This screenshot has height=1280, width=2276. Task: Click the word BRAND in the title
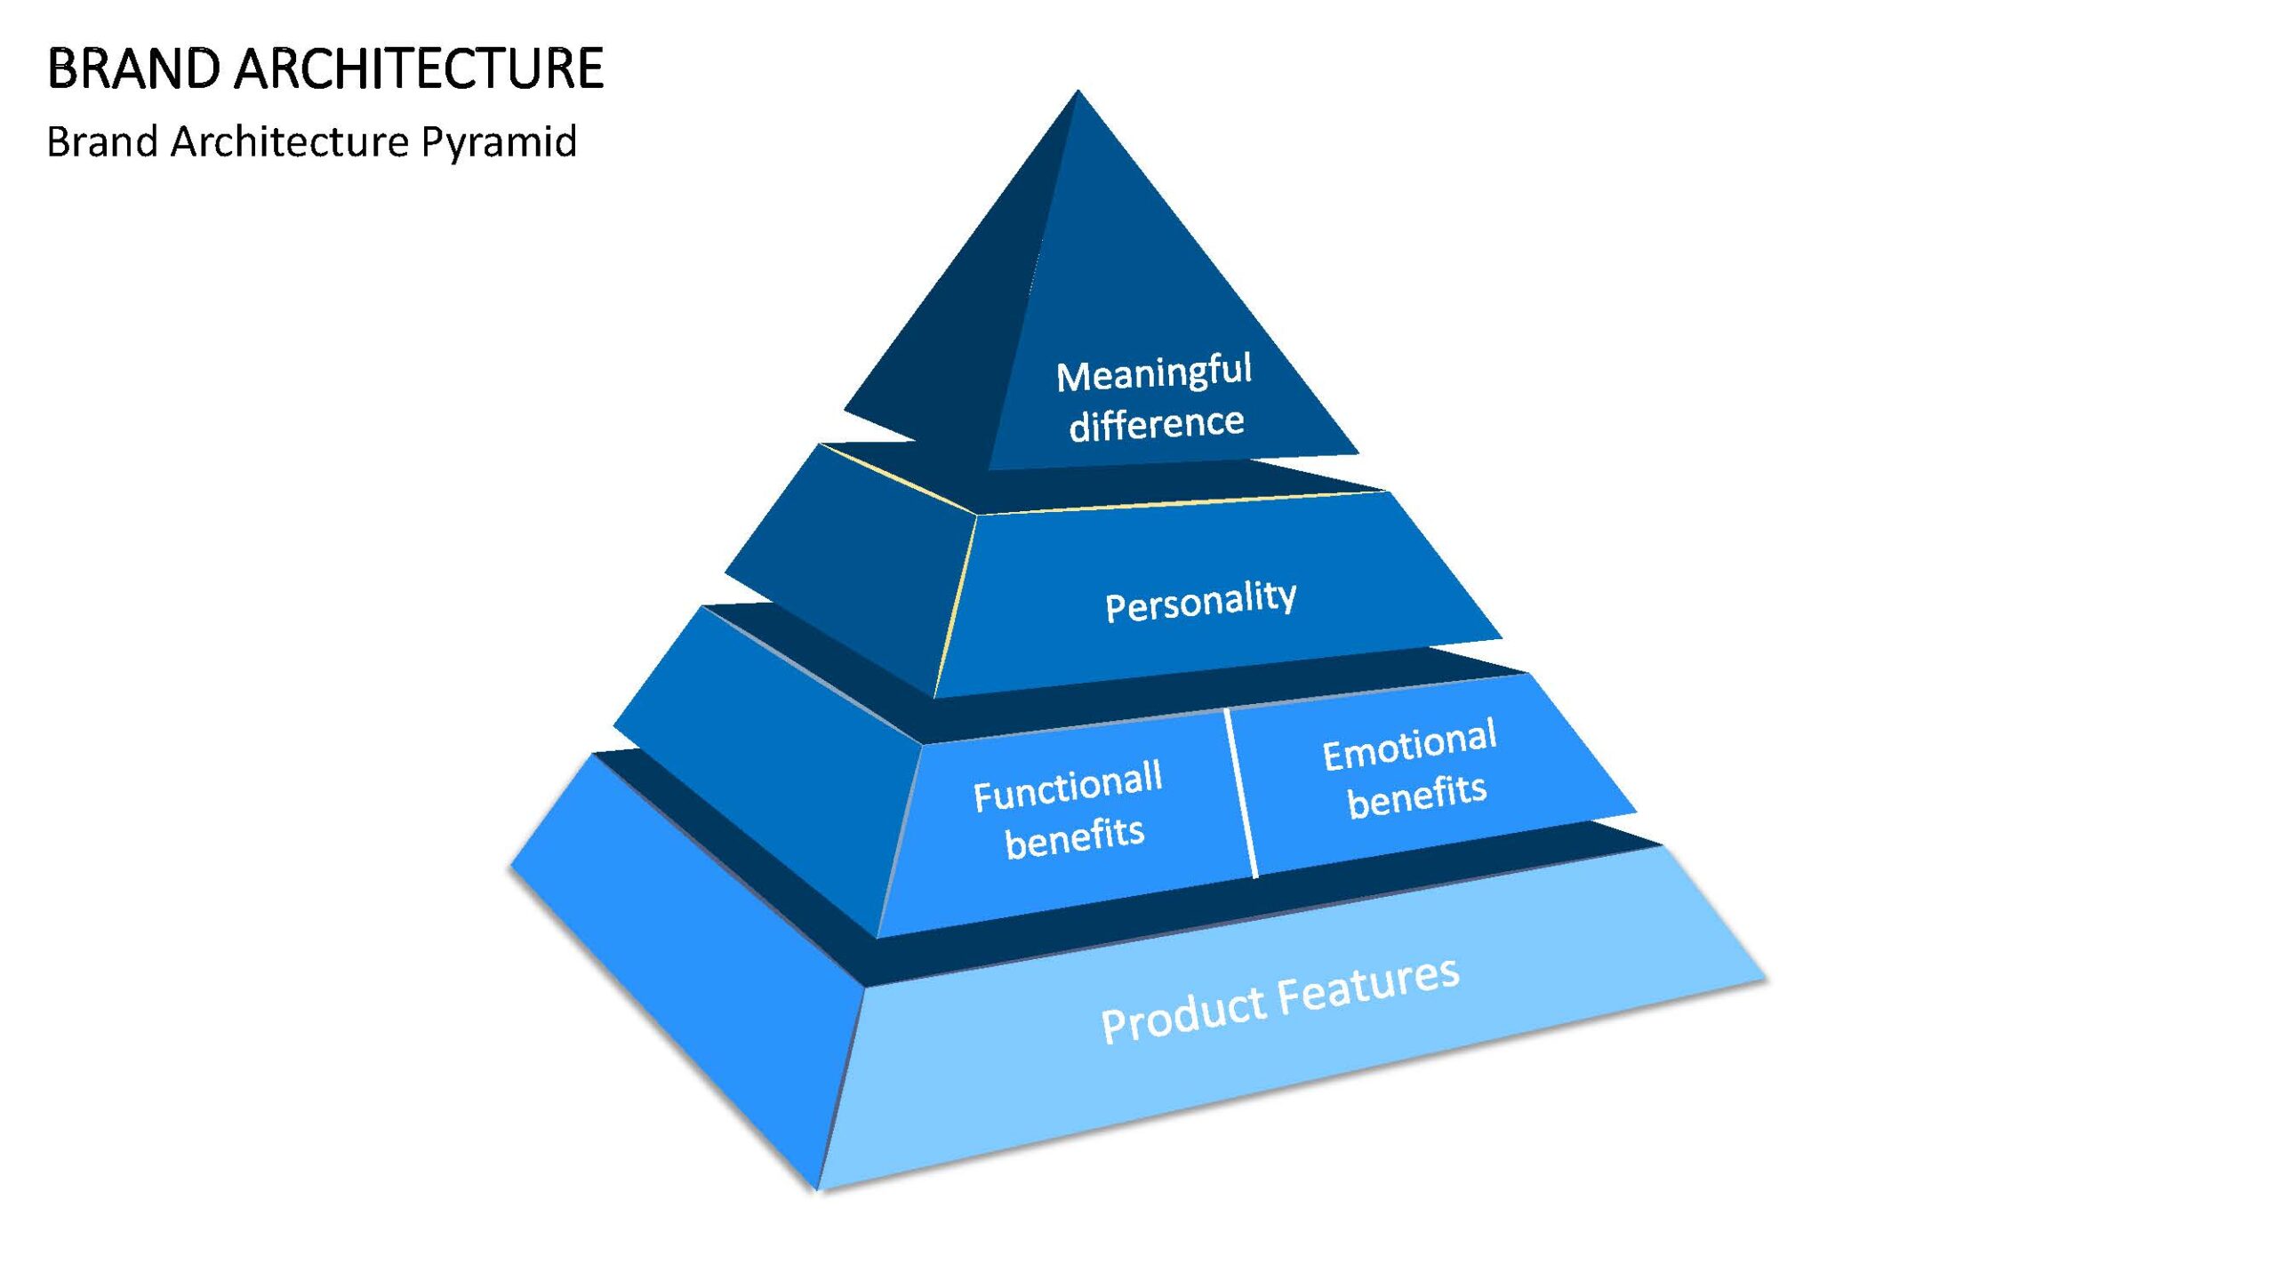click(x=133, y=68)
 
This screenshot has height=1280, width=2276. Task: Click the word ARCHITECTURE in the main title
click(x=420, y=68)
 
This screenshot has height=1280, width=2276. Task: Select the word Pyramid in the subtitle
click(x=499, y=143)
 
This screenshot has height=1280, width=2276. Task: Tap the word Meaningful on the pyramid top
click(x=1154, y=373)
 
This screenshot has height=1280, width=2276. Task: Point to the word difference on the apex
click(x=1157, y=423)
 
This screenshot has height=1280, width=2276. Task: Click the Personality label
click(x=1200, y=602)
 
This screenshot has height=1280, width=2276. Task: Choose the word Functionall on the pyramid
click(x=1068, y=787)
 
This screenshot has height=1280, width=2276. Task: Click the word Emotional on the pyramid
click(x=1410, y=744)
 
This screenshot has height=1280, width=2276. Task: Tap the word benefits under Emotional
click(x=1417, y=794)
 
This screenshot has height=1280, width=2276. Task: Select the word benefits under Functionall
click(x=1075, y=837)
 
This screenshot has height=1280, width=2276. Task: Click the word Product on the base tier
click(x=1183, y=1013)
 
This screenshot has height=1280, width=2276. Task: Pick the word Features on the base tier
click(x=1369, y=983)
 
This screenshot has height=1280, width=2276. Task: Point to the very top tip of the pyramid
click(x=1078, y=90)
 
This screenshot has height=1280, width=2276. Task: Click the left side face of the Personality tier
click(x=853, y=569)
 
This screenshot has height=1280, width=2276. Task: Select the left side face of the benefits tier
click(x=765, y=756)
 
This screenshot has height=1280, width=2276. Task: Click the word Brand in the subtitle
click(x=102, y=141)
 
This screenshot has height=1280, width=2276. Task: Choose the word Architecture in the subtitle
click(x=289, y=141)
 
